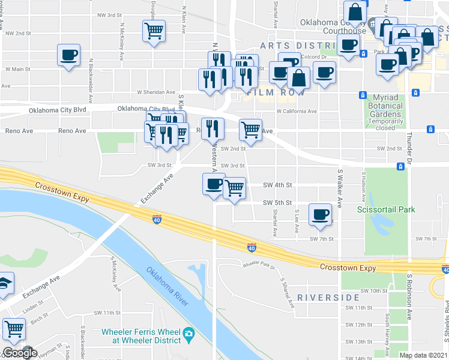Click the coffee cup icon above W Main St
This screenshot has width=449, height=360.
pos(68,56)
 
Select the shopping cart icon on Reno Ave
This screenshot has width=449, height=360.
pos(250,129)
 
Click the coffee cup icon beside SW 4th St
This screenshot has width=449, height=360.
pos(213,184)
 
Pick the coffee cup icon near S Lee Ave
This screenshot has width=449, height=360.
pos(321,214)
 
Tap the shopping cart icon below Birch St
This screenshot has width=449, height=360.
pos(13,329)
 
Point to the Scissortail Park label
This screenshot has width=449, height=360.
pos(386,209)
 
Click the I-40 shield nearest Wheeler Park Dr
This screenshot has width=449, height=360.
pos(252,247)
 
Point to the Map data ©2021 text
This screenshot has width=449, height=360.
pos(423,355)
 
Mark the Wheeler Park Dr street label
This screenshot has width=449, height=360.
pos(258,265)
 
